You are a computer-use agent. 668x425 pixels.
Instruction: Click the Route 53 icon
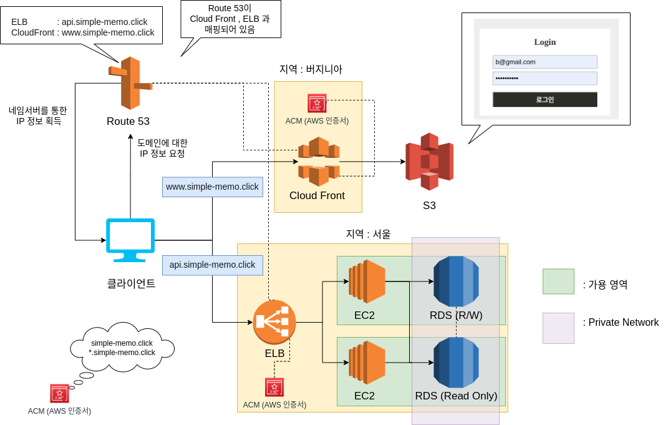[x=130, y=83]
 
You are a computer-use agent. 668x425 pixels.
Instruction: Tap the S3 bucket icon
[x=429, y=162]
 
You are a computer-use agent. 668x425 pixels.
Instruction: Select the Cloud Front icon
[x=318, y=162]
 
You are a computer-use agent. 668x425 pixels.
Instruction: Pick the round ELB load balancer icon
[x=274, y=322]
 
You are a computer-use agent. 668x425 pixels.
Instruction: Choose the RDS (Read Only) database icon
[x=456, y=363]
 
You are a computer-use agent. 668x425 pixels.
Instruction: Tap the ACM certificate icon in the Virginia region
[x=317, y=104]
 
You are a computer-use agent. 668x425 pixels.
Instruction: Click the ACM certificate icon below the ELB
[x=274, y=388]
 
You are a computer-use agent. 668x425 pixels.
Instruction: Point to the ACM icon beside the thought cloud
[x=60, y=394]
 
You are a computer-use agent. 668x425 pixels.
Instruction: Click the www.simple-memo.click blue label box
[x=212, y=187]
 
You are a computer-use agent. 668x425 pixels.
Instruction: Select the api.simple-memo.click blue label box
[x=212, y=265]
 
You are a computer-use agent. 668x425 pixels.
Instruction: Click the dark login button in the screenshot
[x=545, y=99]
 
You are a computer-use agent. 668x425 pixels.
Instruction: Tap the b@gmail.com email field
[x=545, y=62]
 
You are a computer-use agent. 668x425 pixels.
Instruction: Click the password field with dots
[x=545, y=78]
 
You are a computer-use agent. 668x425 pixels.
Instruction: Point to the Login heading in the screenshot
[x=545, y=42]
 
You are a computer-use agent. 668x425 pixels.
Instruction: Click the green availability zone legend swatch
[x=558, y=281]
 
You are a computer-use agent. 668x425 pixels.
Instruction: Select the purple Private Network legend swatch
[x=558, y=328]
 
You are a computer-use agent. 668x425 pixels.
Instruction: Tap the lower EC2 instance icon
[x=367, y=363]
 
